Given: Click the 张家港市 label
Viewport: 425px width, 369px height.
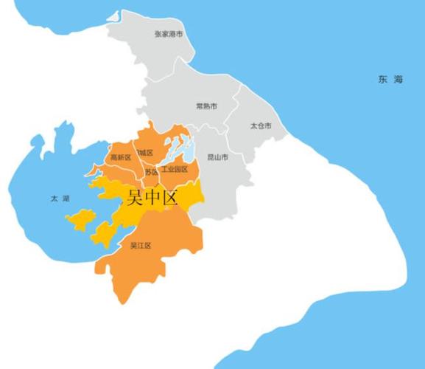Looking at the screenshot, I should pos(169,34).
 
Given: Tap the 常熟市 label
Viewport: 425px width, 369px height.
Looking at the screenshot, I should pos(206,106).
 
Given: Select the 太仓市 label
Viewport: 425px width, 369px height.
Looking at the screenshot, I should pos(260,126).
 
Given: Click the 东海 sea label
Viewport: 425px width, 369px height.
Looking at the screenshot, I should pos(390,79).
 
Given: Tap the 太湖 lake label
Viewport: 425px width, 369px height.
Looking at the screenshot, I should pos(58,199).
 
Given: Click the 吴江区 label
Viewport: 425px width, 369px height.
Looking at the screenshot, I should pos(140,245).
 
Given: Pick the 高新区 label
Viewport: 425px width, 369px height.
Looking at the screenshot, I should pos(120,157).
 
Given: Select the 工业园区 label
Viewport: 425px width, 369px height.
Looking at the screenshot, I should pos(175,170).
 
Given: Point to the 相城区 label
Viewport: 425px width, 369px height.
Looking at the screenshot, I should pos(144,153).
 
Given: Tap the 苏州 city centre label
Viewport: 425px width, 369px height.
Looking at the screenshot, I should pos(151,172).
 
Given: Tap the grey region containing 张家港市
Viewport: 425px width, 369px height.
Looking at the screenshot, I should pos(158,55).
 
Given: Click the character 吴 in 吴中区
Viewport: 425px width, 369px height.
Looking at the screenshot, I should pos(136,197).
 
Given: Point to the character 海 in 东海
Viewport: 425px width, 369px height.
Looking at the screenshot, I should pos(398,79).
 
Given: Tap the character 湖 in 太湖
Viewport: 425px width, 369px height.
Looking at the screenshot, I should pos(65,199).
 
